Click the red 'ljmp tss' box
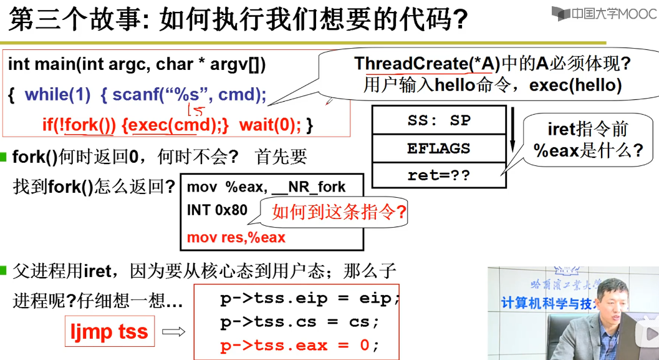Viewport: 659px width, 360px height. point(110,331)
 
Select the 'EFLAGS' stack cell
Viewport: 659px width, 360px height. point(439,148)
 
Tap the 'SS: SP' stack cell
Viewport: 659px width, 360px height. point(439,120)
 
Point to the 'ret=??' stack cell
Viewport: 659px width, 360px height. point(439,175)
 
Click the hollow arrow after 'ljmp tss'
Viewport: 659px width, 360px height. point(173,332)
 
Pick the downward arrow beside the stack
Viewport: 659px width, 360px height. point(512,129)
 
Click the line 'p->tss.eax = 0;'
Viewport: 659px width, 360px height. point(300,345)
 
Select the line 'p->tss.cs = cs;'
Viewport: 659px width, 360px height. point(300,322)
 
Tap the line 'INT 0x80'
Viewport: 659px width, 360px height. point(217,210)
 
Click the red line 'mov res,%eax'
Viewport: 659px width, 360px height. point(236,238)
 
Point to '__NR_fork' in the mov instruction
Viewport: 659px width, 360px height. point(309,187)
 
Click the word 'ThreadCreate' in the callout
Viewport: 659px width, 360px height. point(411,64)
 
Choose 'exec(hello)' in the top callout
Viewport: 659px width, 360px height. point(575,85)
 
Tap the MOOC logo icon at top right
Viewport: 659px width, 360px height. point(560,14)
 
